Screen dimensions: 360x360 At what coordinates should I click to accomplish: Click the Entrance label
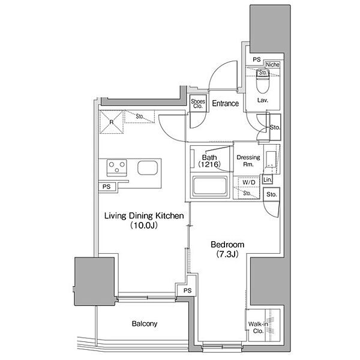tap(225, 103)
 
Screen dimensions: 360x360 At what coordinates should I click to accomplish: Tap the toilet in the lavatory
tap(262, 81)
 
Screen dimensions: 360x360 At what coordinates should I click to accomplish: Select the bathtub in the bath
tap(209, 186)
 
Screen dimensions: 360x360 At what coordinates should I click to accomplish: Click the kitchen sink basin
tap(148, 167)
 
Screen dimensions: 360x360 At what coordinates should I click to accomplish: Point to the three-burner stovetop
tap(116, 167)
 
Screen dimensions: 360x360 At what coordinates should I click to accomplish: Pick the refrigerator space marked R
tap(112, 122)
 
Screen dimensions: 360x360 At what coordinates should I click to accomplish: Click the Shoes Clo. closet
tap(198, 104)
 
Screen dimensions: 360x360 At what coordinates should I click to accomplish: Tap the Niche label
tap(272, 65)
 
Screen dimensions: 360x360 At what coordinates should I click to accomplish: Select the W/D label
tap(248, 182)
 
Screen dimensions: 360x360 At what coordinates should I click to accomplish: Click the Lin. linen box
tap(268, 179)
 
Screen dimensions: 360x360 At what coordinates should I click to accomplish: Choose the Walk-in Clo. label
tap(258, 328)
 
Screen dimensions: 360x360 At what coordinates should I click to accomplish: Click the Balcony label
tap(145, 324)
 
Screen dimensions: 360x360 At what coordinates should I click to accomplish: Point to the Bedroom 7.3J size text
tap(227, 254)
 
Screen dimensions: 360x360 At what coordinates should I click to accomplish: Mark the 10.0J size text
tap(144, 226)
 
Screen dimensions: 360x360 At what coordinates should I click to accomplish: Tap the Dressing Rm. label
tap(248, 161)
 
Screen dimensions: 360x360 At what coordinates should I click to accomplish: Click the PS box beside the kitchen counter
tap(107, 187)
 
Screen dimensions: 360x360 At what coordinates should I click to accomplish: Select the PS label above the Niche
tap(257, 59)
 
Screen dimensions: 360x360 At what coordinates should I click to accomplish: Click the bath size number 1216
tap(209, 164)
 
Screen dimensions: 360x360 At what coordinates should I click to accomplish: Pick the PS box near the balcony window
tap(188, 290)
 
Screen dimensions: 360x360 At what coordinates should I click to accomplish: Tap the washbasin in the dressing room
tap(271, 159)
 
